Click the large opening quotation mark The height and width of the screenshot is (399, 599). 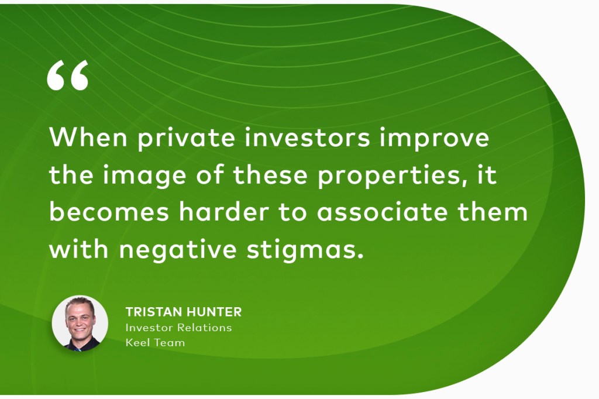68,75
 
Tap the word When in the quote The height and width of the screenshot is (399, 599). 88,137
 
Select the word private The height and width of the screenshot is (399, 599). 187,139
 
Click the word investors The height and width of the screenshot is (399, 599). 308,137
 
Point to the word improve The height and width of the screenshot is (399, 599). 435,139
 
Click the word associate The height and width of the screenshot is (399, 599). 383,212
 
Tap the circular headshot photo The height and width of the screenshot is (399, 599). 80,324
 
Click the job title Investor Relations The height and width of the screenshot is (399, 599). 179,328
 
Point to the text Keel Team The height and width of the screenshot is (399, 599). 155,342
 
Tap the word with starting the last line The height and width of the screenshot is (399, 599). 79,249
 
